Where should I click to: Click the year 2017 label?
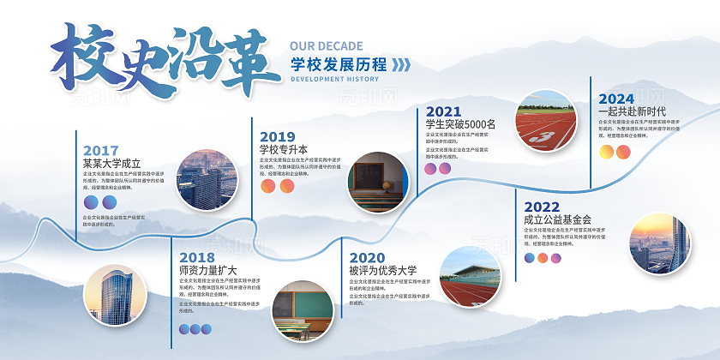click(101, 150)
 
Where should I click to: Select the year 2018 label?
click(197, 257)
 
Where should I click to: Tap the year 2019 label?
click(277, 136)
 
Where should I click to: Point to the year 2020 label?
click(367, 257)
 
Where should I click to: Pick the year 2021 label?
click(443, 111)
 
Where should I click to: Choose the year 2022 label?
click(541, 207)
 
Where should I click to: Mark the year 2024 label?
click(616, 99)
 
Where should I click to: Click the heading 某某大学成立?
click(111, 163)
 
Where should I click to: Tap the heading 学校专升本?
click(283, 149)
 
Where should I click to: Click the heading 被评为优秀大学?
click(382, 270)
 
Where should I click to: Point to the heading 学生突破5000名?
click(460, 124)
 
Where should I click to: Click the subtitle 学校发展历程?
click(338, 63)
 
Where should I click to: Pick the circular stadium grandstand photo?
click(470, 276)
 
